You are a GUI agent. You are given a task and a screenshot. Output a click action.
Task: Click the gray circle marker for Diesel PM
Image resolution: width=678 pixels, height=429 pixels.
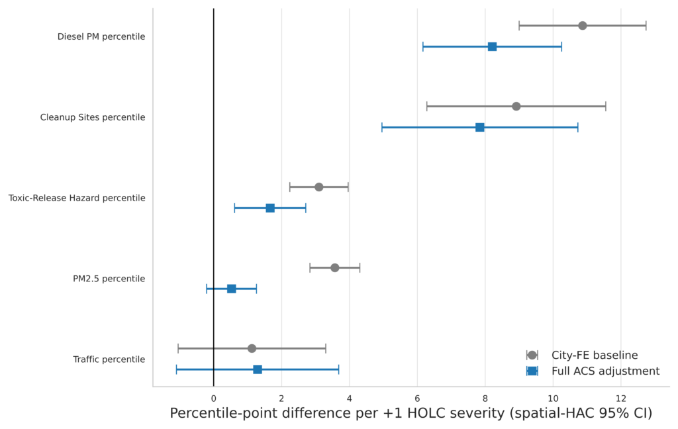pos(583,26)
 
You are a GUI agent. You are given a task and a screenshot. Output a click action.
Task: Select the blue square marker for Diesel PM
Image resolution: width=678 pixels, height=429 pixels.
pos(492,47)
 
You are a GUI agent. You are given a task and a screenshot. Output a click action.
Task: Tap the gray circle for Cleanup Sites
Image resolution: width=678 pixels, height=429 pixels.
pos(516,107)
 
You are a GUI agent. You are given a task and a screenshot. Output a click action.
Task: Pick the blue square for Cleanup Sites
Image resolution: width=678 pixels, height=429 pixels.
pos(479,127)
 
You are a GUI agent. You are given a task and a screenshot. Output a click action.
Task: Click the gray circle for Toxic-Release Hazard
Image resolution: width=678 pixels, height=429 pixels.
pos(318,187)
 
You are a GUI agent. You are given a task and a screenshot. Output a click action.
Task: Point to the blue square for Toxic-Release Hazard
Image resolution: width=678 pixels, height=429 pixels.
pos(270,208)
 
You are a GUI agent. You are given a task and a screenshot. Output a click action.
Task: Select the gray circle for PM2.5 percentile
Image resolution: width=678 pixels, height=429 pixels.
pos(334,267)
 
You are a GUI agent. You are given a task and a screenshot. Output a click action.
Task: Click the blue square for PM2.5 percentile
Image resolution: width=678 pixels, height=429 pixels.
pos(231,289)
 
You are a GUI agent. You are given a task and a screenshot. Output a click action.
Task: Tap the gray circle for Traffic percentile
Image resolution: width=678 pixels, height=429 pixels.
pos(252,348)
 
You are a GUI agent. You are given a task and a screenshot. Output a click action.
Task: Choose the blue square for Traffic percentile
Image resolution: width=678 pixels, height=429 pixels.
pos(258,369)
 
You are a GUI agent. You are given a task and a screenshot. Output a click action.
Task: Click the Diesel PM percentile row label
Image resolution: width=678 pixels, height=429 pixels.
pos(101,37)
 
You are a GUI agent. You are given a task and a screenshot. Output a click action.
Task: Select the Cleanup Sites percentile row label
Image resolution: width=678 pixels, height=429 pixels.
pos(93,117)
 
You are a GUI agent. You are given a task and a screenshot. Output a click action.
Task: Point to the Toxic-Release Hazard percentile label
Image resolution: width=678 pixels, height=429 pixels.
pos(77,198)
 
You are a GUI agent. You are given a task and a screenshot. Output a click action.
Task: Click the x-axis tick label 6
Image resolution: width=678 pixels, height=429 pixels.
pos(417,399)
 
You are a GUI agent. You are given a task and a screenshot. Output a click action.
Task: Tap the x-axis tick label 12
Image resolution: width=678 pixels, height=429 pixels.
pos(621,399)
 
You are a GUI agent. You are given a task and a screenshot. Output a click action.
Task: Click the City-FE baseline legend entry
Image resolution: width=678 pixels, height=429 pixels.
pos(582,355)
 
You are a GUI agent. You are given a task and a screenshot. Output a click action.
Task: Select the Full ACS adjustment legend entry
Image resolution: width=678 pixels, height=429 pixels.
pos(593,371)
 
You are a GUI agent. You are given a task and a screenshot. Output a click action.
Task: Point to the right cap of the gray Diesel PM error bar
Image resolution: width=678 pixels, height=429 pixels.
pos(646,26)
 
